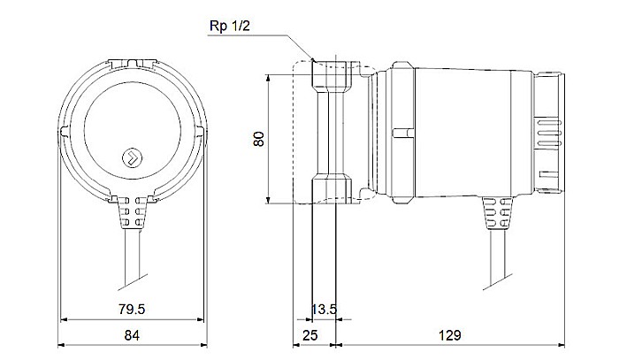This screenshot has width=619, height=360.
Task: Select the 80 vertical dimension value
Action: [258, 140]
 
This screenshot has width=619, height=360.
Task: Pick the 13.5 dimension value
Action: [325, 309]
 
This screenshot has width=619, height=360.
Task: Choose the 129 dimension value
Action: [452, 336]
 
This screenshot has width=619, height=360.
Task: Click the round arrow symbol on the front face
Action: [130, 157]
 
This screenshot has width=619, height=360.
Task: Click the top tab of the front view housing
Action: [130, 62]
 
